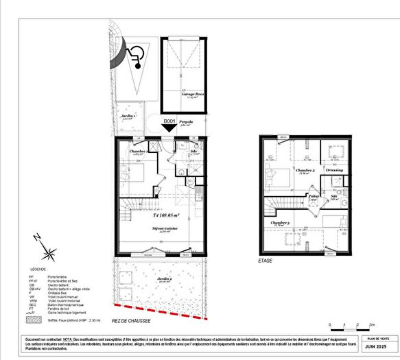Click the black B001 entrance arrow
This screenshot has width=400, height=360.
[169, 125]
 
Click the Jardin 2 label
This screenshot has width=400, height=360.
[163, 278]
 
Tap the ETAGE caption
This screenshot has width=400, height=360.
[266, 261]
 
